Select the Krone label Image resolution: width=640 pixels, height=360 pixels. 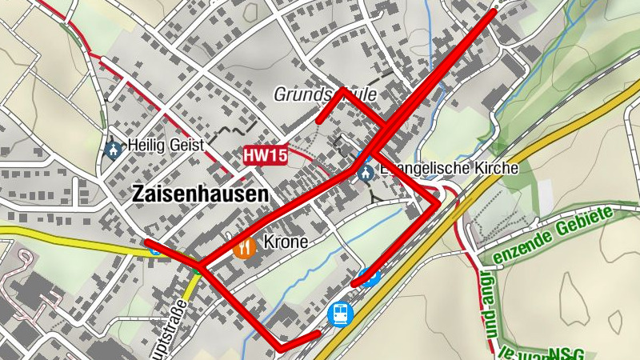coord(286,242)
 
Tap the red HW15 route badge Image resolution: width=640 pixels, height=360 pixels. coord(265,156)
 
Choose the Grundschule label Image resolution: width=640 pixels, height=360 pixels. coord(325,95)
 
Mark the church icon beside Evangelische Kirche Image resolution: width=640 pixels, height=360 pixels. coord(366,172)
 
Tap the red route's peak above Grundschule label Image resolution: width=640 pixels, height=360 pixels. coord(342,89)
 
